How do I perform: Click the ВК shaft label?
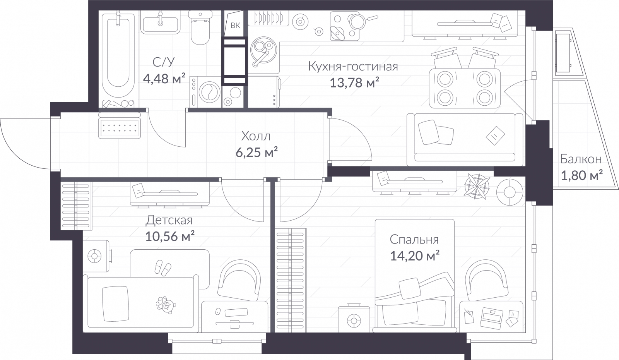pos(235,26)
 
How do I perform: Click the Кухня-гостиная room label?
pos(353,67)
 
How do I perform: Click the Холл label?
pos(256,136)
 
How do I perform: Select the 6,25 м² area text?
pos(257,153)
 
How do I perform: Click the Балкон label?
pos(580,159)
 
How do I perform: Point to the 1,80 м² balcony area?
pos(582,176)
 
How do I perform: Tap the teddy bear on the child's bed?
pos(166,305)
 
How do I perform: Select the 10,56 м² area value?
pos(169,236)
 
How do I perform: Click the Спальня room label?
pos(414,240)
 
